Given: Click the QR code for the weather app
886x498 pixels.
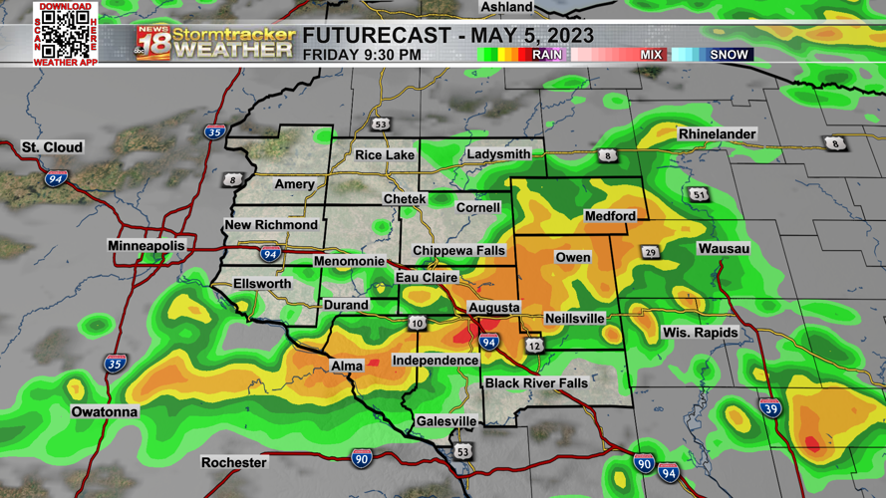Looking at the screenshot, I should tap(66, 34).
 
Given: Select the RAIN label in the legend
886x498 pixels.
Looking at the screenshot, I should tap(546, 55).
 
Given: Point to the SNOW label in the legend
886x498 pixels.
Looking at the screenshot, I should tap(729, 55).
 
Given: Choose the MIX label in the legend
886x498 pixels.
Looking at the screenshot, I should tap(651, 55).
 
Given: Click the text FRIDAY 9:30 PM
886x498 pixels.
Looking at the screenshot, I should tap(362, 55).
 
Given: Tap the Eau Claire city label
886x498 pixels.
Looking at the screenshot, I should tap(427, 277).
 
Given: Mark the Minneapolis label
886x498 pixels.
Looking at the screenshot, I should tap(147, 245).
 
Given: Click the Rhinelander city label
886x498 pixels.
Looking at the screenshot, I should tap(717, 133).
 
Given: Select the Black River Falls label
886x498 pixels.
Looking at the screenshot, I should tap(536, 383).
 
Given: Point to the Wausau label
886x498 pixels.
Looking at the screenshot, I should tap(724, 248).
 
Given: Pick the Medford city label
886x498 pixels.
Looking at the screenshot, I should tap(610, 216).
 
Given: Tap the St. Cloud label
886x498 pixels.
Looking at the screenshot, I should tap(53, 147).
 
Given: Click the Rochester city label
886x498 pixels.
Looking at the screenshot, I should tap(234, 462).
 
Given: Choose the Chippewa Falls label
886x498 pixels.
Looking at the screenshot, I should tap(458, 250).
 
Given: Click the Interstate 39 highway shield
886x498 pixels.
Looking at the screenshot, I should tap(770, 407).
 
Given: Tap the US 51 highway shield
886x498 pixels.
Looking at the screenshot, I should tap(700, 194).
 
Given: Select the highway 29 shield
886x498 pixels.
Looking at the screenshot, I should tap(651, 253).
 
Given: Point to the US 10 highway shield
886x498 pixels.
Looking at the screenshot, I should tap(417, 323).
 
